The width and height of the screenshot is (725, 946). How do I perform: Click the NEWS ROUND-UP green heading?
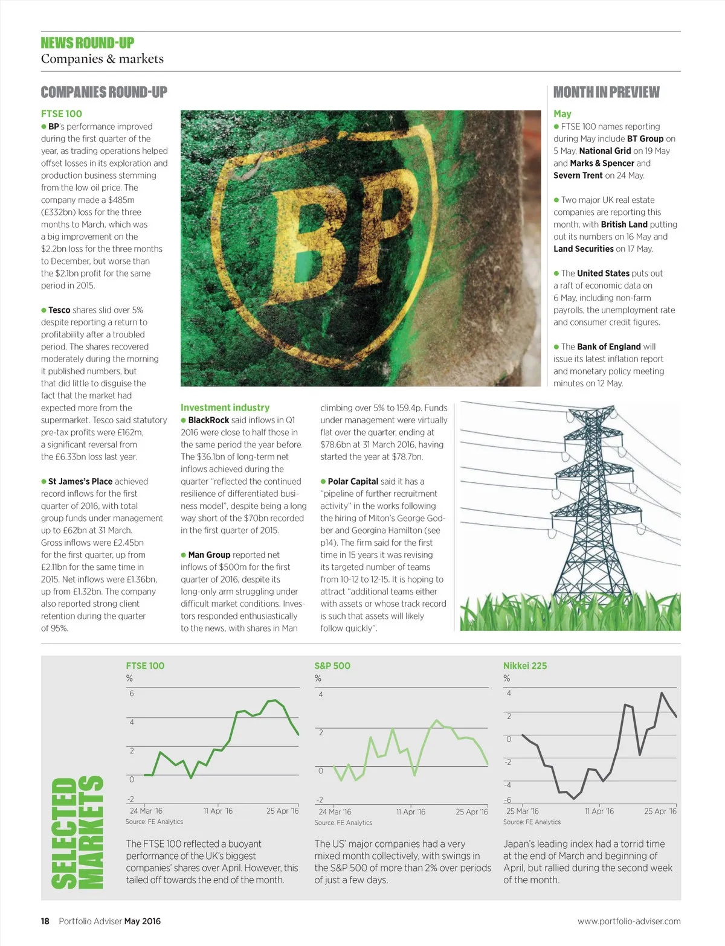(88, 43)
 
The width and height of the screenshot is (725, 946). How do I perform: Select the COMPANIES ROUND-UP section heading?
(104, 92)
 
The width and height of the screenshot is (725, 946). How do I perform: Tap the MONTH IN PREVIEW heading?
(606, 92)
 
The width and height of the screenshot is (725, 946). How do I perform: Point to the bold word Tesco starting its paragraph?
(59, 310)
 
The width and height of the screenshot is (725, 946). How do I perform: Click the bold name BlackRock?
(208, 420)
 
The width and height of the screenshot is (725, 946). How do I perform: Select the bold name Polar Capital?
(353, 481)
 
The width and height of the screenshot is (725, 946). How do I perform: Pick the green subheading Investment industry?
(225, 407)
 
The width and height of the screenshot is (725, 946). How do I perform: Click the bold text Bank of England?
(608, 347)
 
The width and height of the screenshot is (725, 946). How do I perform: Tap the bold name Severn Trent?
(578, 175)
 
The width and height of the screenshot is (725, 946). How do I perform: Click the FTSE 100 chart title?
(145, 665)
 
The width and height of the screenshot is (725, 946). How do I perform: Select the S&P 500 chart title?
(332, 665)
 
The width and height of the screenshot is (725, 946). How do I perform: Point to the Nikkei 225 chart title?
(525, 665)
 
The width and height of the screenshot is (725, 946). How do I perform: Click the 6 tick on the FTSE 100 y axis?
(132, 693)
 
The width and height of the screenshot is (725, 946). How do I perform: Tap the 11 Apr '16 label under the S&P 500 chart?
(411, 811)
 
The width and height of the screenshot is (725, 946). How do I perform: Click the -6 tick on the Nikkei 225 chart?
(507, 800)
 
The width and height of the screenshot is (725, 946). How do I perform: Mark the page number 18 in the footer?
(45, 921)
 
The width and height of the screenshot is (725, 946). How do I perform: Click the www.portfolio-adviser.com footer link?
(629, 921)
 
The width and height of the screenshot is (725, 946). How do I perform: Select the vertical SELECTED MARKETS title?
(77, 832)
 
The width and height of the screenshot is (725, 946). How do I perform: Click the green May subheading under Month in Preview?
(562, 113)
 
